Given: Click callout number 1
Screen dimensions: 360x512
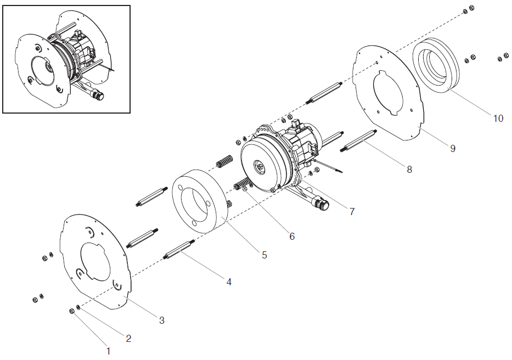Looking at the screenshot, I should [108, 350].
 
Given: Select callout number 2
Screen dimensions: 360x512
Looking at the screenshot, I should [128, 339].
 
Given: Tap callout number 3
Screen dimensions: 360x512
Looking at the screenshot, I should [161, 320].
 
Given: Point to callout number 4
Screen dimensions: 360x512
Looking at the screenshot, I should [229, 282].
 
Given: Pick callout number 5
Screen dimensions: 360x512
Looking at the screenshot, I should [264, 255].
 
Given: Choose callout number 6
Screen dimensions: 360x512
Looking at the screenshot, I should [292, 237].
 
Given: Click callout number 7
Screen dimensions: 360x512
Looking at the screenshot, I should [352, 211].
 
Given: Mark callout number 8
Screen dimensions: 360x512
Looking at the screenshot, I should [409, 170].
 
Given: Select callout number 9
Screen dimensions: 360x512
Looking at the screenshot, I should [452, 148].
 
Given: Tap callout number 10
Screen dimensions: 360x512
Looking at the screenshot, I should [498, 119].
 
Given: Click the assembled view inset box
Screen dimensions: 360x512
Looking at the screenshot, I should [66, 59].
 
